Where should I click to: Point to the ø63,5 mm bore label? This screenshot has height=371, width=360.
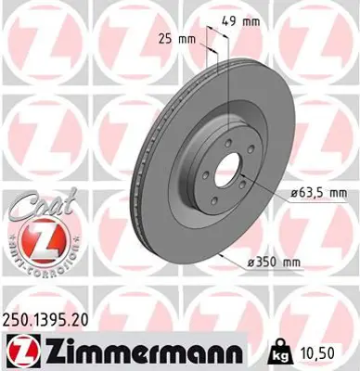pos(311,193)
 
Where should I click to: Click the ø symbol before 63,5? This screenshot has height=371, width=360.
pos(281,193)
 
